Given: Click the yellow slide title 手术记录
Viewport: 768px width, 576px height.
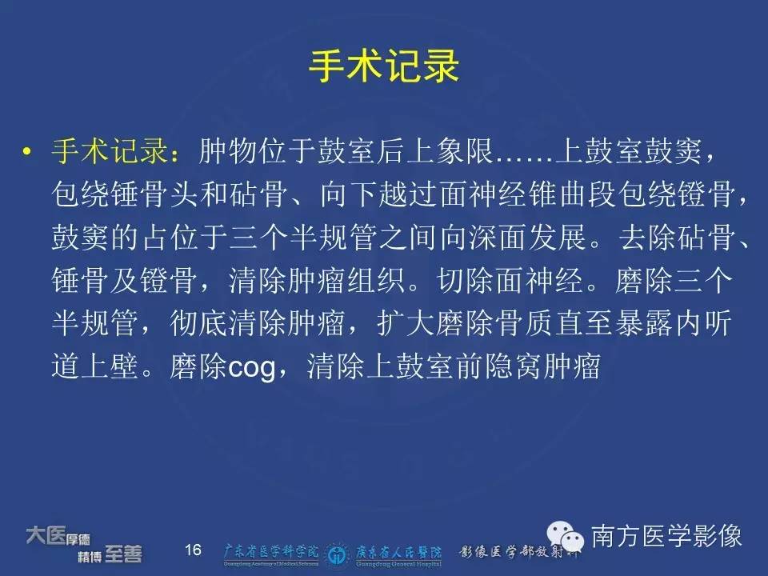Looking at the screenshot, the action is [x=384, y=66].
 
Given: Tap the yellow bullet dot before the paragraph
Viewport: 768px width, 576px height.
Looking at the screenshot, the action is [x=26, y=150].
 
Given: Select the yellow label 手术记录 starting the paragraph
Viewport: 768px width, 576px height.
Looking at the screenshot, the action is [x=110, y=150].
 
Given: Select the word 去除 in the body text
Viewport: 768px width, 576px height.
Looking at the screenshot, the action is [x=647, y=237].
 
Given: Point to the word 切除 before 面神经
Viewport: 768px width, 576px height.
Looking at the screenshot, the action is [x=466, y=280].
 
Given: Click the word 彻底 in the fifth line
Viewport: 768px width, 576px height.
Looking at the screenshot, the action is [x=199, y=323].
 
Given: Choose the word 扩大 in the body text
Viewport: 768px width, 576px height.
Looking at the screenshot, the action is [x=406, y=323].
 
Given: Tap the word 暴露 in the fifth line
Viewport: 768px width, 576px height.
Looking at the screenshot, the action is [x=644, y=323].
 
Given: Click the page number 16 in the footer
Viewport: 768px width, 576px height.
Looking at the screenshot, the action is [x=193, y=550].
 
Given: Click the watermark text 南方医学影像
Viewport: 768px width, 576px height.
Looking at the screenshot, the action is [x=666, y=536].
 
